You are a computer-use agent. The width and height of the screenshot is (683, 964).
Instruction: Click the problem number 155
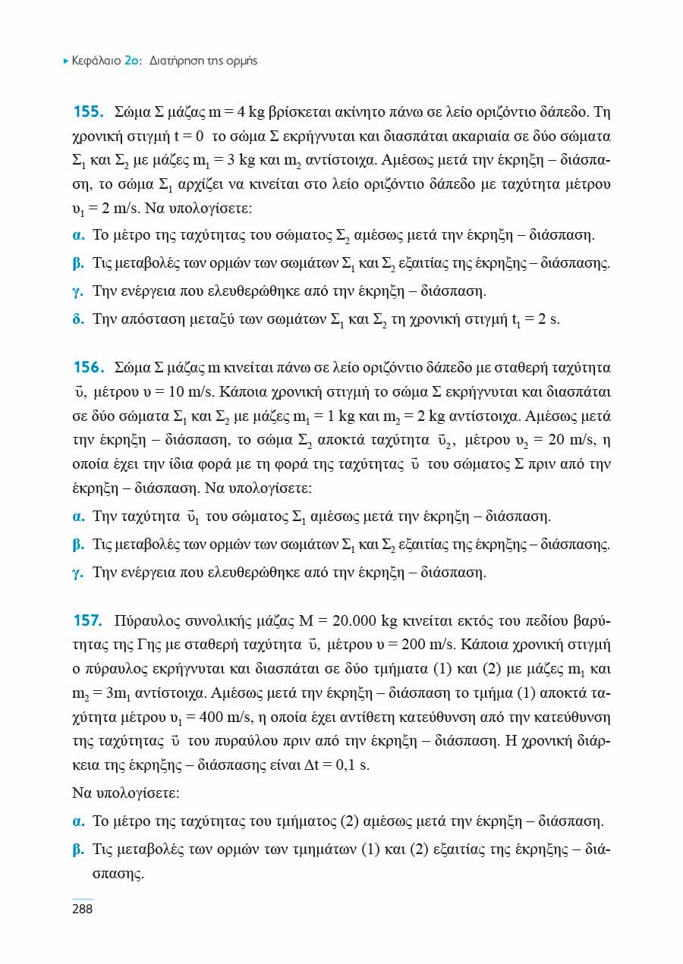coord(88,113)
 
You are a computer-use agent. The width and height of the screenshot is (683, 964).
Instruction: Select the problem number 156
coord(88,368)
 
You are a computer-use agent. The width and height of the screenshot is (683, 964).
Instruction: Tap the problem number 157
coord(88,623)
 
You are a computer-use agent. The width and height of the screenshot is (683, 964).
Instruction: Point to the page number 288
coord(82,909)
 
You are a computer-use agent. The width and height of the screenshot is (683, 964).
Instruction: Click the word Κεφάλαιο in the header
coord(96,61)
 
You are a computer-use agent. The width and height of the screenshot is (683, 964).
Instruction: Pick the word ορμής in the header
coord(242,61)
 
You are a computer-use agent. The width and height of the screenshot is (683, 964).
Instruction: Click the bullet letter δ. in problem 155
coord(78,319)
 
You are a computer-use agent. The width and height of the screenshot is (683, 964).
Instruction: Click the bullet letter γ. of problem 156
coord(77,573)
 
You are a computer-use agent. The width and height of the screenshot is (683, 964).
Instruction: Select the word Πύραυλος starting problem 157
coord(142,623)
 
